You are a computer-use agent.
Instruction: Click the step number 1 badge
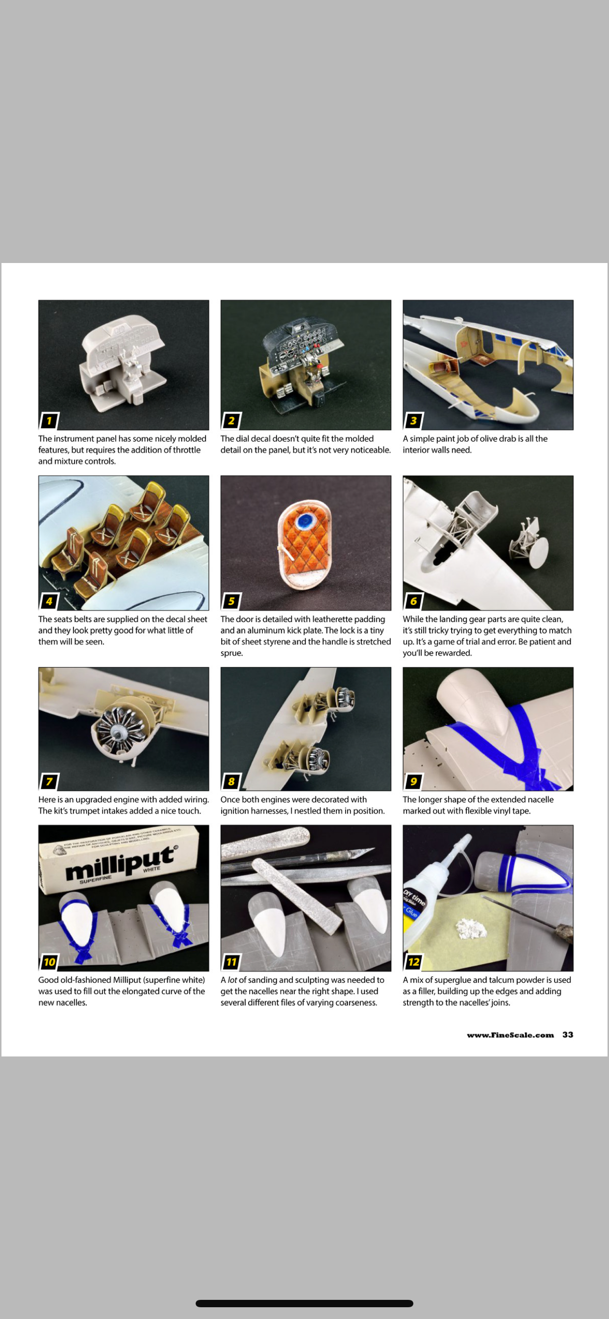point(49,421)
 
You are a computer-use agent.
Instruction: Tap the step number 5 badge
point(231,601)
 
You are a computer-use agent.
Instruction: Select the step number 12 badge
point(413,961)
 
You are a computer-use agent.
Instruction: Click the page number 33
point(567,1034)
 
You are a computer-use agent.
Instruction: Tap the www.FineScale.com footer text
point(510,1035)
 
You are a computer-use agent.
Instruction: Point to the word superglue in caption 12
point(453,979)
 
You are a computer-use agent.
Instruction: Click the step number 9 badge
point(413,781)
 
